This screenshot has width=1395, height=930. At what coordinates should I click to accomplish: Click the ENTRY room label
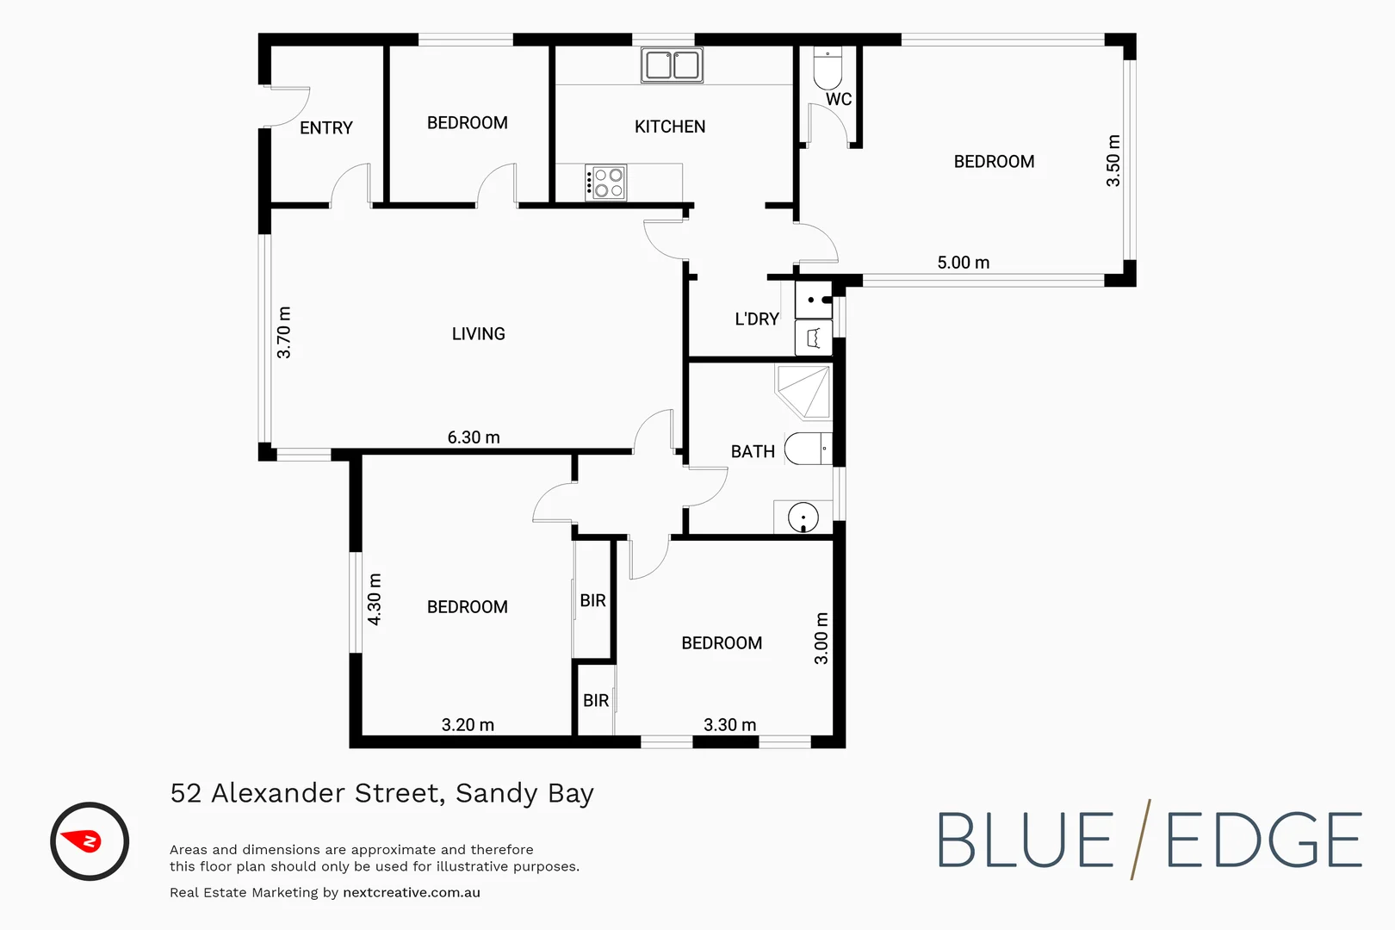coord(325,128)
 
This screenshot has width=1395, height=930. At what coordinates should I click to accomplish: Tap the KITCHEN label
coord(669,127)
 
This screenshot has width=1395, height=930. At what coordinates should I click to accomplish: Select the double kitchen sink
coord(672,65)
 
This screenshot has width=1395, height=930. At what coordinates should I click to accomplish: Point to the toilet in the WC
coord(828,69)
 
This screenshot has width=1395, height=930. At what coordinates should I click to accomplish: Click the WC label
coord(838,100)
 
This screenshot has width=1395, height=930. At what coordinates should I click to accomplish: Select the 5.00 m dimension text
coord(963,263)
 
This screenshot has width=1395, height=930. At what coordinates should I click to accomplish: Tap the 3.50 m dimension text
coord(1113,161)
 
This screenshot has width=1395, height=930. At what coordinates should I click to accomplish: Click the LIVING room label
coord(478,334)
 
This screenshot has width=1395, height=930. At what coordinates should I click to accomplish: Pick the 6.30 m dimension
coord(473,437)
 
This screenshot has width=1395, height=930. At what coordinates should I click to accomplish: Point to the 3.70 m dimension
coord(284,332)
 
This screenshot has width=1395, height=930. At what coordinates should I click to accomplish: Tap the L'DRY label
coord(756,319)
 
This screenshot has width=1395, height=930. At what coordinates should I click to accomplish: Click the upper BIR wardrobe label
coord(592,601)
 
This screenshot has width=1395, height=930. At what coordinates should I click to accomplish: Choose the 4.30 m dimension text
coord(375,598)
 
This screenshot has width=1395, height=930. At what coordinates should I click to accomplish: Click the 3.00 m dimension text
coord(821,638)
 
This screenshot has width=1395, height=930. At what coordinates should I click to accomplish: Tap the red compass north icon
coord(90,841)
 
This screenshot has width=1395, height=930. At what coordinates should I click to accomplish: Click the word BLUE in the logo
coord(1025,841)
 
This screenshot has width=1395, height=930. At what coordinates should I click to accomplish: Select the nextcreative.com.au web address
coord(411,893)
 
